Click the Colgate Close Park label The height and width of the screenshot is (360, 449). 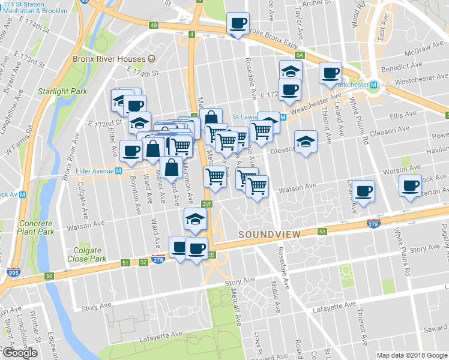89,255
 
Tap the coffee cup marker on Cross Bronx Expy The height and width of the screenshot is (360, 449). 237,24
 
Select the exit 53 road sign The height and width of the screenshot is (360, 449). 322,232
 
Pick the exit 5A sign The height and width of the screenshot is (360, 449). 300,55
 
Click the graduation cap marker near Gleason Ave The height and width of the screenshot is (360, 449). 306,142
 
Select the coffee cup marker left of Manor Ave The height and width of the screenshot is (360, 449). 131,152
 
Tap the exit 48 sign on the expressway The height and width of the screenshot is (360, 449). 153,25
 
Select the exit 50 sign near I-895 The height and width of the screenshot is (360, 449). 49,276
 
